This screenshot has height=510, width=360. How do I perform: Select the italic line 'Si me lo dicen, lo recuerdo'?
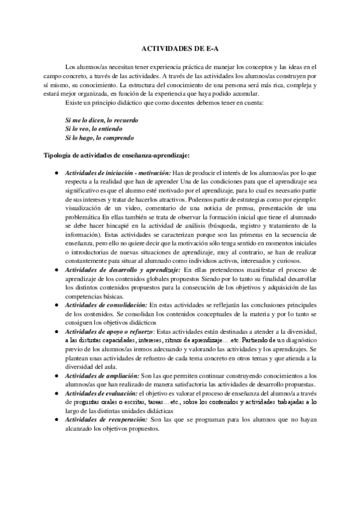coord(102,120)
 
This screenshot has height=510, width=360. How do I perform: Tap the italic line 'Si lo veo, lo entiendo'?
coord(94,129)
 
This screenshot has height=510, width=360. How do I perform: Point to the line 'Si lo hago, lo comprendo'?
coord(100,137)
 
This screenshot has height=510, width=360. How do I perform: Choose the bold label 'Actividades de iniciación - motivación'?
coord(118,173)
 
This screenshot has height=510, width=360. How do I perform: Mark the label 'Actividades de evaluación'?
coord(102,393)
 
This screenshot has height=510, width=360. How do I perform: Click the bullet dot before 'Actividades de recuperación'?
coord(55,419)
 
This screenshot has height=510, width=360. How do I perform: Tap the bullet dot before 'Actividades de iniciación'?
coord(55,173)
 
